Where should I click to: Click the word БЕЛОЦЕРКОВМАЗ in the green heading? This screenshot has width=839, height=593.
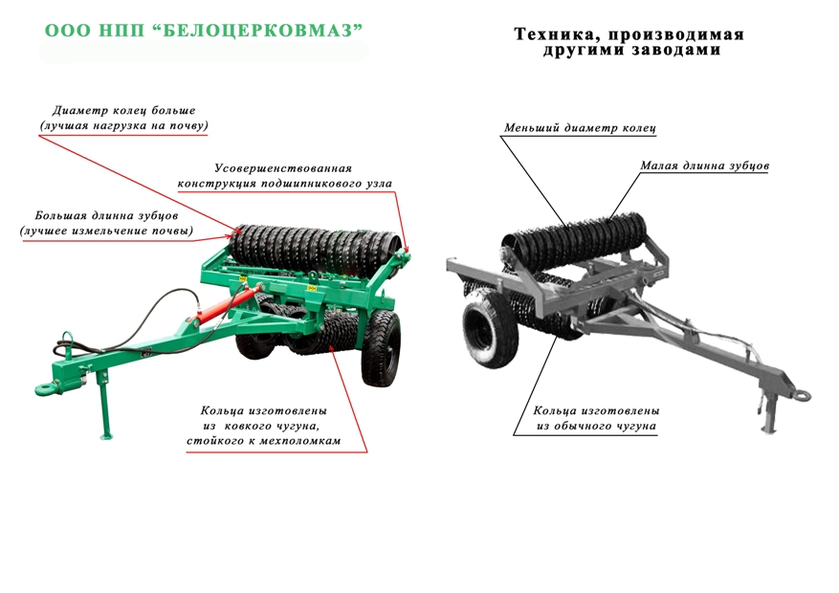tap(261, 31)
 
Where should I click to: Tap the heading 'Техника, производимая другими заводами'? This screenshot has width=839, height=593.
tap(629, 42)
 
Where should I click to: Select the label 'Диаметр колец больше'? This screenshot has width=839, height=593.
tap(123, 111)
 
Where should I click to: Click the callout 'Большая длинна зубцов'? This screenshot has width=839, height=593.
tap(106, 215)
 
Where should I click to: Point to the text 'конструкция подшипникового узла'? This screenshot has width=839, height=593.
tap(285, 184)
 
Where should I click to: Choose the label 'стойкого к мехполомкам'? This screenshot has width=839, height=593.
tap(264, 441)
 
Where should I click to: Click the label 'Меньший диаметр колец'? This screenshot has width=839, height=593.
tap(580, 128)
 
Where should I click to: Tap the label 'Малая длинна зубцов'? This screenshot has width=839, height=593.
tap(705, 165)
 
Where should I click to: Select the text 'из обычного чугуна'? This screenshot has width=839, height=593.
tap(597, 427)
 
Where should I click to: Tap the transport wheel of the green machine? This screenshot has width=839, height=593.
tap(381, 347)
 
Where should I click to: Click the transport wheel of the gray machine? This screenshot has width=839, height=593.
tap(489, 329)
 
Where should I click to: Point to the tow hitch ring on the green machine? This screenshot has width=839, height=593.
tap(48, 388)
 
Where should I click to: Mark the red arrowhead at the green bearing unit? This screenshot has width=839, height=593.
tap(407, 248)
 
